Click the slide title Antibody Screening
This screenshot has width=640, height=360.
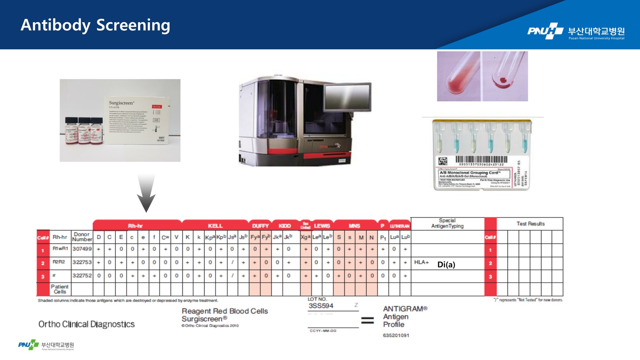pyautogui.click(x=95, y=25)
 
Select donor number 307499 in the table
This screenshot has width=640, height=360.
pyautogui.click(x=82, y=249)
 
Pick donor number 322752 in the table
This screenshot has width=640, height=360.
pyautogui.click(x=82, y=276)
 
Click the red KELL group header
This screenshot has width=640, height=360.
pyautogui.click(x=215, y=226)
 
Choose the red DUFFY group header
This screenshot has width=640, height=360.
pyautogui.click(x=260, y=226)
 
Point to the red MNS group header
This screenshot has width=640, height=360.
pyautogui.click(x=354, y=226)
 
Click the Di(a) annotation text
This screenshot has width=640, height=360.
pyautogui.click(x=446, y=265)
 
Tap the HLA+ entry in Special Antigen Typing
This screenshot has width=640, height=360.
pyautogui.click(x=421, y=262)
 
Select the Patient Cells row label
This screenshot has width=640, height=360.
pyautogui.click(x=60, y=289)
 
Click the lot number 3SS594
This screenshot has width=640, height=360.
pyautogui.click(x=321, y=306)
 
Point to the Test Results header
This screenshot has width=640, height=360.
pyautogui.click(x=530, y=224)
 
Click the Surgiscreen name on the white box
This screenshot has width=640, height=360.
pyautogui.click(x=121, y=103)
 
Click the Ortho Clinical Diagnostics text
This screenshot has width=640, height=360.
pyautogui.click(x=87, y=324)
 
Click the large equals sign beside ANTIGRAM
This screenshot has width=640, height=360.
pyautogui.click(x=367, y=320)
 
